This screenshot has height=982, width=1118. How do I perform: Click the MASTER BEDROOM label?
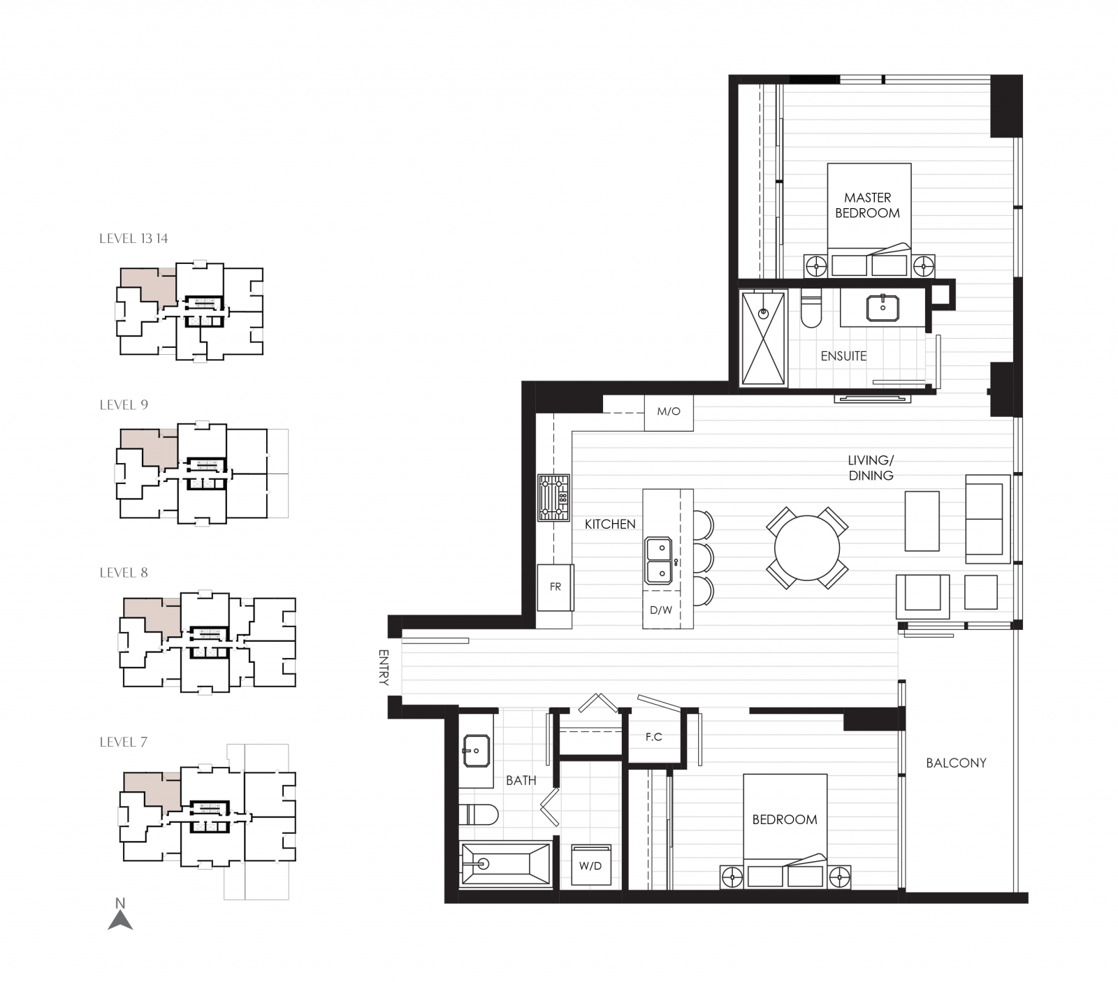pyautogui.click(x=867, y=205)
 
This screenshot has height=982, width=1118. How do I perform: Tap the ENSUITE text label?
pyautogui.click(x=843, y=356)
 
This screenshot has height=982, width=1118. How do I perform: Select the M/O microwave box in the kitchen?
pyautogui.click(x=669, y=412)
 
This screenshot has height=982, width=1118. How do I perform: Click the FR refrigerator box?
pyautogui.click(x=555, y=587)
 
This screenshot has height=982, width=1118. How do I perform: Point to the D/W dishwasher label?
pyautogui.click(x=661, y=610)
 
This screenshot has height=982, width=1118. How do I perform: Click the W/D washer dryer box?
pyautogui.click(x=590, y=866)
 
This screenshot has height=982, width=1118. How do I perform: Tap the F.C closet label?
pyautogui.click(x=653, y=737)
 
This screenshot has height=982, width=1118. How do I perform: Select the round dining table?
pyautogui.click(x=807, y=548)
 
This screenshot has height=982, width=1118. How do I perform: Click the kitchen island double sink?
pyautogui.click(x=658, y=561)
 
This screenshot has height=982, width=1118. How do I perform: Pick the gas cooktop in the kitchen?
pyautogui.click(x=553, y=498)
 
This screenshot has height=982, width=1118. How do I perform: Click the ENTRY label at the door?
pyautogui.click(x=383, y=667)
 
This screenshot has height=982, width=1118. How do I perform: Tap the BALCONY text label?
pyautogui.click(x=956, y=763)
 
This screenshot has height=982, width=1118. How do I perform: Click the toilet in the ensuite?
pyautogui.click(x=811, y=310)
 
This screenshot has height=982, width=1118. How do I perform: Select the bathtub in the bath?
pyautogui.click(x=504, y=865)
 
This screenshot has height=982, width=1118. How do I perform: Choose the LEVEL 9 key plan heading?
pyautogui.click(x=124, y=405)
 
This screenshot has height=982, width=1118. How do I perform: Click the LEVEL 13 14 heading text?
pyautogui.click(x=133, y=239)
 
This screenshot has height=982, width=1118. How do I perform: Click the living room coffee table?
pyautogui.click(x=922, y=521)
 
